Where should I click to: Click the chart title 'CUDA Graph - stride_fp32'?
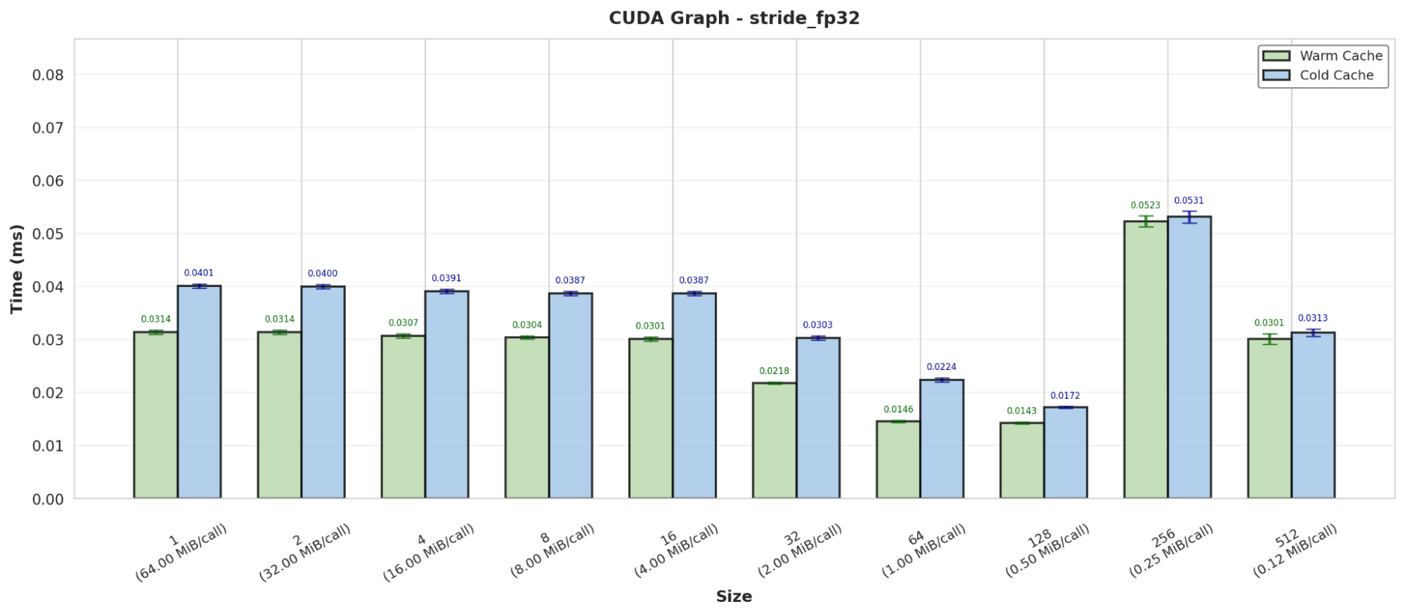click(734, 18)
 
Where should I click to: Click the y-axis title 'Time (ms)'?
click(17, 269)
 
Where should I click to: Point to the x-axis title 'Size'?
click(734, 596)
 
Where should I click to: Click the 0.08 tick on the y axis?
click(48, 75)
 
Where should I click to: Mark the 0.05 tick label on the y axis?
click(48, 233)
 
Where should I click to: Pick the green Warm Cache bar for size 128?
click(1022, 461)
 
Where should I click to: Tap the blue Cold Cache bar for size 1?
click(199, 392)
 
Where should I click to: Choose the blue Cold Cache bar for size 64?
click(942, 439)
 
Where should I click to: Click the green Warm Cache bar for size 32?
click(775, 441)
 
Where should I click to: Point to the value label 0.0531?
click(1189, 200)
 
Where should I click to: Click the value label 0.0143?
click(1021, 411)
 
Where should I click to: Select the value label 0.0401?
click(199, 273)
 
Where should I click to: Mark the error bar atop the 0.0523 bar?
click(1146, 222)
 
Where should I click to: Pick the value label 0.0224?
click(941, 367)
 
